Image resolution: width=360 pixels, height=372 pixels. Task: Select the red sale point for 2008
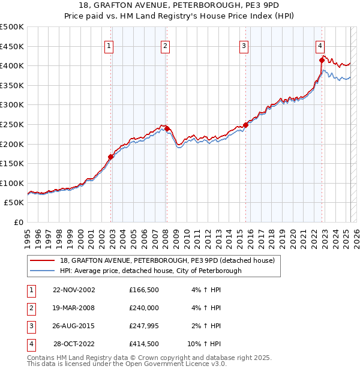click(167, 128)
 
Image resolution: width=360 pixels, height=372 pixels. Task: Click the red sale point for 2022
click(322, 60)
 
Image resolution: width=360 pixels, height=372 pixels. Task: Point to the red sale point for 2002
click(111, 157)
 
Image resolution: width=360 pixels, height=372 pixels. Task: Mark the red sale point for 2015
click(246, 125)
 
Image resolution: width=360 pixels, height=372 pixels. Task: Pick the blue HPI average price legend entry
click(151, 271)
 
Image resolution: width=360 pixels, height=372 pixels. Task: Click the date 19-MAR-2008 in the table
click(74, 308)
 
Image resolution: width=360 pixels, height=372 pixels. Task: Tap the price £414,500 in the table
click(144, 344)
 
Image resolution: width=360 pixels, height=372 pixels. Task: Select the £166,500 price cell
click(144, 290)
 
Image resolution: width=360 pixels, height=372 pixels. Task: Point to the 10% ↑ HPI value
click(205, 344)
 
